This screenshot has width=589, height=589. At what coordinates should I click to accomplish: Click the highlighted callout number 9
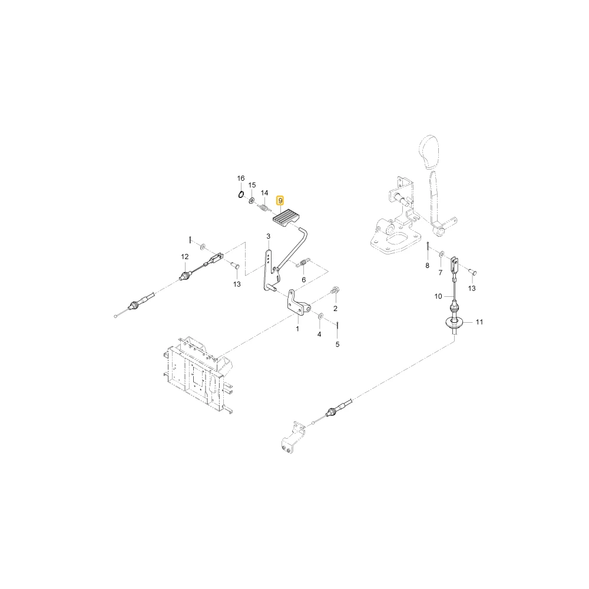[x=280, y=201]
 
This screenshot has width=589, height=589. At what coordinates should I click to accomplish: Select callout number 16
[x=241, y=178]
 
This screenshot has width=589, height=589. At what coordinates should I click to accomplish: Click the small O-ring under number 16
[x=241, y=194]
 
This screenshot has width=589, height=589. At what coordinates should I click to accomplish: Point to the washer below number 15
[x=252, y=199]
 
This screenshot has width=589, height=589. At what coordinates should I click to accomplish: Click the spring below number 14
[x=264, y=207]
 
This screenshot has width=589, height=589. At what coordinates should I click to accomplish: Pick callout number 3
[x=268, y=236]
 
